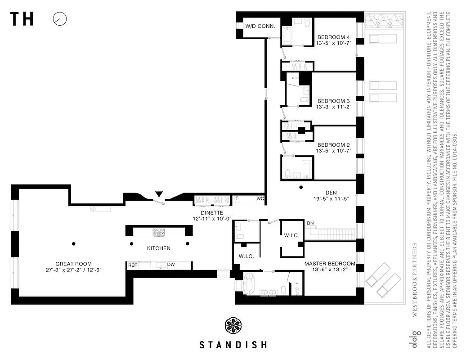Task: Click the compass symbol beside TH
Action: coord(59,18)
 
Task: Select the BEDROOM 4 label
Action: coord(333,37)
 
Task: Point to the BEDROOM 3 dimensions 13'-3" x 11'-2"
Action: coord(333,107)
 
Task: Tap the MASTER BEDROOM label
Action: coord(330,264)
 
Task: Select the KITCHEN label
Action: coord(159,248)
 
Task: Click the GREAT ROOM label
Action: coord(74,264)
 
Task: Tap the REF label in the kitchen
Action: coord(132,265)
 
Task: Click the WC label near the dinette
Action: coord(260,198)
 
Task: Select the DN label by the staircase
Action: coord(310,223)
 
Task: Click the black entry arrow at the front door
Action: coord(158,194)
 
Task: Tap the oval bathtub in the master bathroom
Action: coord(249,284)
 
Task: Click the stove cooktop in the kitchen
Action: coord(159,232)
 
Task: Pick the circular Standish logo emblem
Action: coord(233,326)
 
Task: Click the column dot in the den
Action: coord(301,187)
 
